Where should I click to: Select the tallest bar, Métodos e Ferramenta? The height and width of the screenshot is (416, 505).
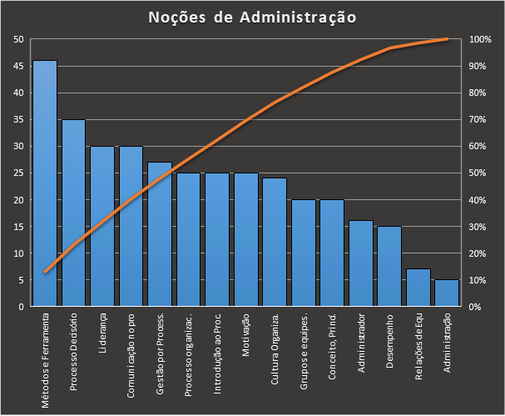45,183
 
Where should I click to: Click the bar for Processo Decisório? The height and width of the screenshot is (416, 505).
73,213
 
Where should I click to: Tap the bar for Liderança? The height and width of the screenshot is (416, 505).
102,226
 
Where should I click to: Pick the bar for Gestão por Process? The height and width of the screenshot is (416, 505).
160,234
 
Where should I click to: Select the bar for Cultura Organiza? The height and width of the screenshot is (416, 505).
275,242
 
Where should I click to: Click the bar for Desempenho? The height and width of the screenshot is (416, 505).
389,266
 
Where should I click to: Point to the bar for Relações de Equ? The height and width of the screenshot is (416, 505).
418,288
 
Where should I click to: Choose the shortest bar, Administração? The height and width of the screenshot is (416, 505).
447,293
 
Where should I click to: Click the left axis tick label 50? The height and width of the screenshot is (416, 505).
18,39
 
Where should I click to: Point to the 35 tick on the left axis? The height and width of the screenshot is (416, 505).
18,119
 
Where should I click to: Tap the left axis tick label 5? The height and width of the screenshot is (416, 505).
21,280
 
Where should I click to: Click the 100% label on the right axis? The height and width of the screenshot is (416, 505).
480,39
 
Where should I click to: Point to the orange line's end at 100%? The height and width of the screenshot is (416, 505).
448,39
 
